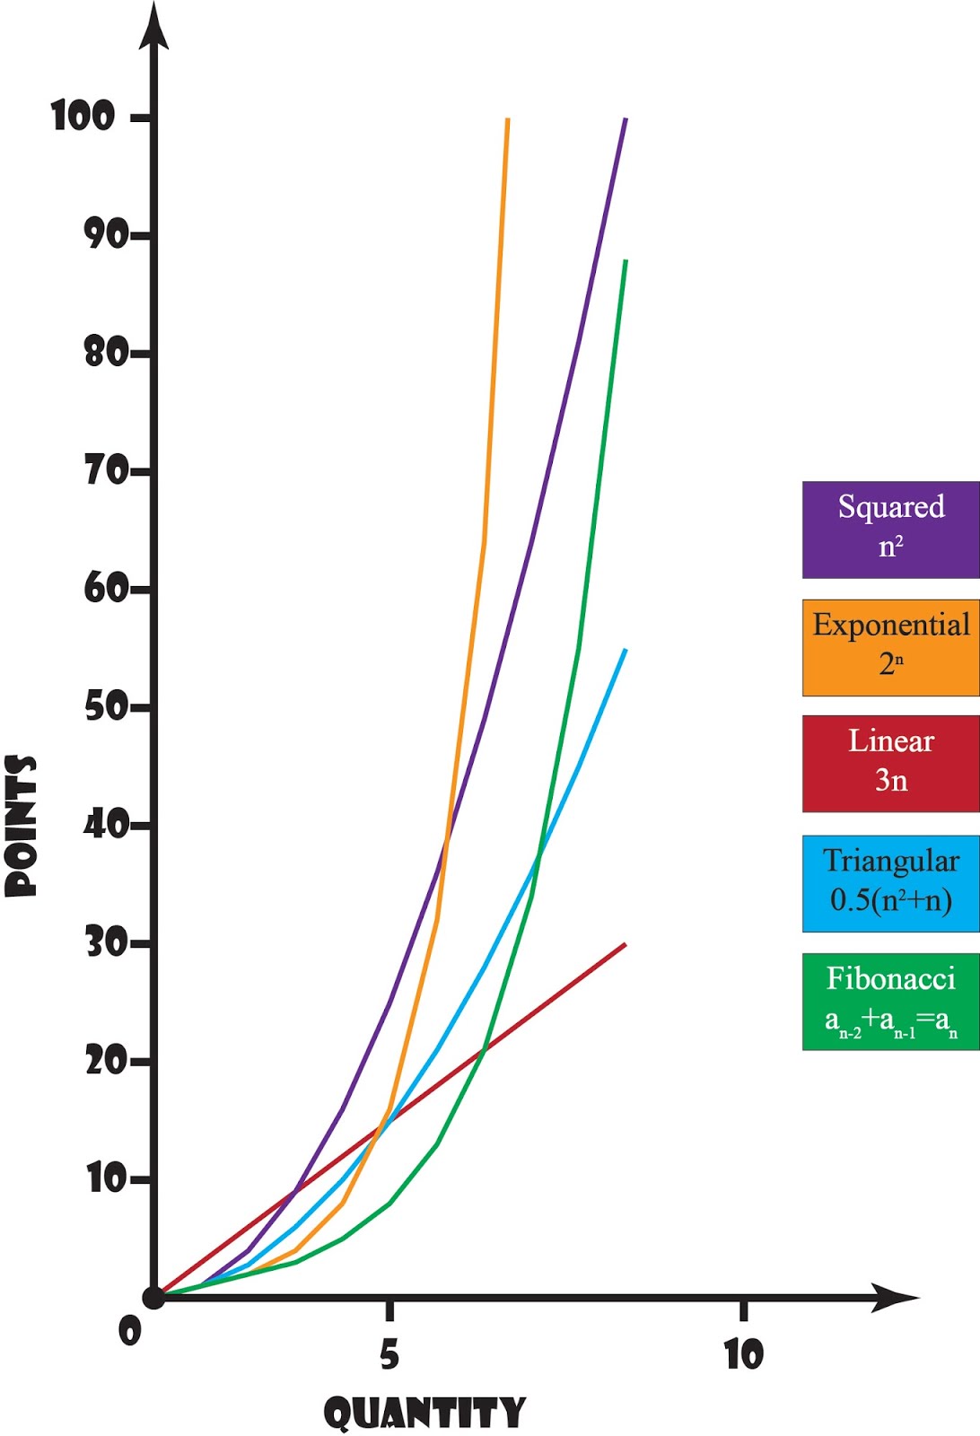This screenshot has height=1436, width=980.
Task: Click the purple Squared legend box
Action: tap(890, 530)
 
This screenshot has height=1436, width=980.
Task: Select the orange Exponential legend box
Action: tap(890, 647)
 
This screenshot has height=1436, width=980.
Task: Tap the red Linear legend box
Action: tap(890, 764)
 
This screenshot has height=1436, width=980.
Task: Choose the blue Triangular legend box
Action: tap(890, 883)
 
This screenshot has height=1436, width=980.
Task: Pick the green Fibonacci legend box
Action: tap(890, 1001)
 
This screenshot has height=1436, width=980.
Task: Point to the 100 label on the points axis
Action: tap(83, 117)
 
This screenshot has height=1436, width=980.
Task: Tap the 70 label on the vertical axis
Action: tap(106, 470)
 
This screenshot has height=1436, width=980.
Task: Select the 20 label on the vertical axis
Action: tap(106, 1061)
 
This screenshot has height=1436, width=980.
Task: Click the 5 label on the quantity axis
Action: tap(389, 1353)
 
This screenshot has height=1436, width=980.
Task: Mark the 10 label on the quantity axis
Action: tap(743, 1353)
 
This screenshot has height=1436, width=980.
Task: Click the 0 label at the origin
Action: tap(130, 1331)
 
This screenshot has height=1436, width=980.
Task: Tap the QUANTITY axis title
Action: tap(424, 1413)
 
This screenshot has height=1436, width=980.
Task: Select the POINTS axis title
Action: tap(22, 826)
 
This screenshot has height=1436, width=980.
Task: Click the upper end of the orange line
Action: tap(508, 119)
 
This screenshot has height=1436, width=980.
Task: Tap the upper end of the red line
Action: tap(625, 944)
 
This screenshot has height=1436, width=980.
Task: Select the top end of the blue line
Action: tap(625, 650)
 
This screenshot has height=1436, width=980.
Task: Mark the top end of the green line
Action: tap(625, 260)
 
